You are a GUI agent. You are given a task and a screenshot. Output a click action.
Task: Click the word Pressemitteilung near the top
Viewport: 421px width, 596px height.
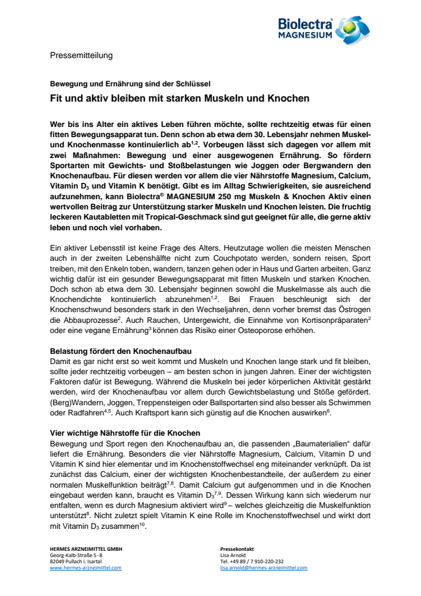(x=81, y=55)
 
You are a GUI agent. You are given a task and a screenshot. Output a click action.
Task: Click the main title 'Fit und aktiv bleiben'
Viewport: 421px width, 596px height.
(x=179, y=98)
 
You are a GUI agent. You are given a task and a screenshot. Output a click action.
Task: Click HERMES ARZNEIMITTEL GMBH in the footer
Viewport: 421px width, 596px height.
(x=86, y=549)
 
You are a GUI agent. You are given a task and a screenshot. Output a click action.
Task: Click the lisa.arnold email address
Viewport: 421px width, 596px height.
(x=264, y=568)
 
